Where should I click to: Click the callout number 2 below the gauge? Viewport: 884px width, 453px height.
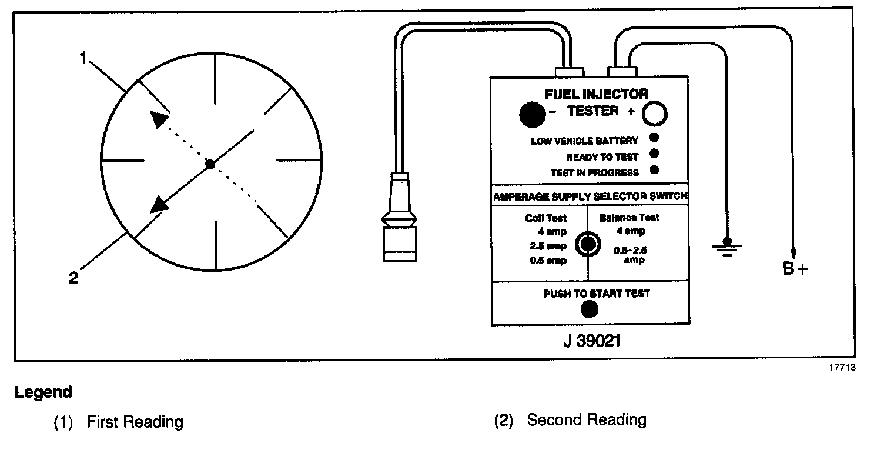[73, 278]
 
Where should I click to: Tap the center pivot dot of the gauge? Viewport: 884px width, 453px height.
[210, 164]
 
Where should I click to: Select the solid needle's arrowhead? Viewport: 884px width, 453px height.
[159, 205]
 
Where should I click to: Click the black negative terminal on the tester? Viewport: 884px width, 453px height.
[533, 114]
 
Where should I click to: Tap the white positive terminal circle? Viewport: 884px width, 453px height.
[655, 114]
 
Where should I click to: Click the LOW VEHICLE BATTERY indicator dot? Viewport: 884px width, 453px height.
[654, 138]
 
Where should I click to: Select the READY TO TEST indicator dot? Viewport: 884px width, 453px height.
[654, 155]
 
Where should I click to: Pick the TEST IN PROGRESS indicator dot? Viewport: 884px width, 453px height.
[654, 171]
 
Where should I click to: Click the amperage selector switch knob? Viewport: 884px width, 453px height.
[587, 244]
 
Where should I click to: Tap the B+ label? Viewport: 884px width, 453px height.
[795, 269]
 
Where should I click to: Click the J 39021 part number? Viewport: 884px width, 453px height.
[590, 341]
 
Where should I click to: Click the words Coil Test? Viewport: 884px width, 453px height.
[546, 218]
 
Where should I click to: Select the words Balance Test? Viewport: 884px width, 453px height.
[629, 218]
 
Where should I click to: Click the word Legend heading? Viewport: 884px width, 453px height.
[43, 392]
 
